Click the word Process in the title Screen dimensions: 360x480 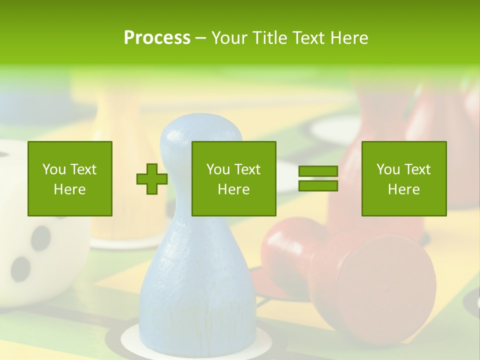[x=157, y=38]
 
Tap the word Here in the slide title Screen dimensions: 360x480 [x=349, y=38]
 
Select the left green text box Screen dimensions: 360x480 [x=70, y=178]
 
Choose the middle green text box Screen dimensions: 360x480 [x=234, y=178]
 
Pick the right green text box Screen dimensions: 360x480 [x=404, y=178]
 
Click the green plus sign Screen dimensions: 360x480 [x=152, y=179]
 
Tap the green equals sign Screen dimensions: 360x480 [x=318, y=179]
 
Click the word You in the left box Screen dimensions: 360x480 [x=54, y=169]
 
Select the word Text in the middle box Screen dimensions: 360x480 [x=247, y=169]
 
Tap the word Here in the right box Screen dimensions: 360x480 [x=404, y=189]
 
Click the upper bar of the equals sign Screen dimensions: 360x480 [x=318, y=171]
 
